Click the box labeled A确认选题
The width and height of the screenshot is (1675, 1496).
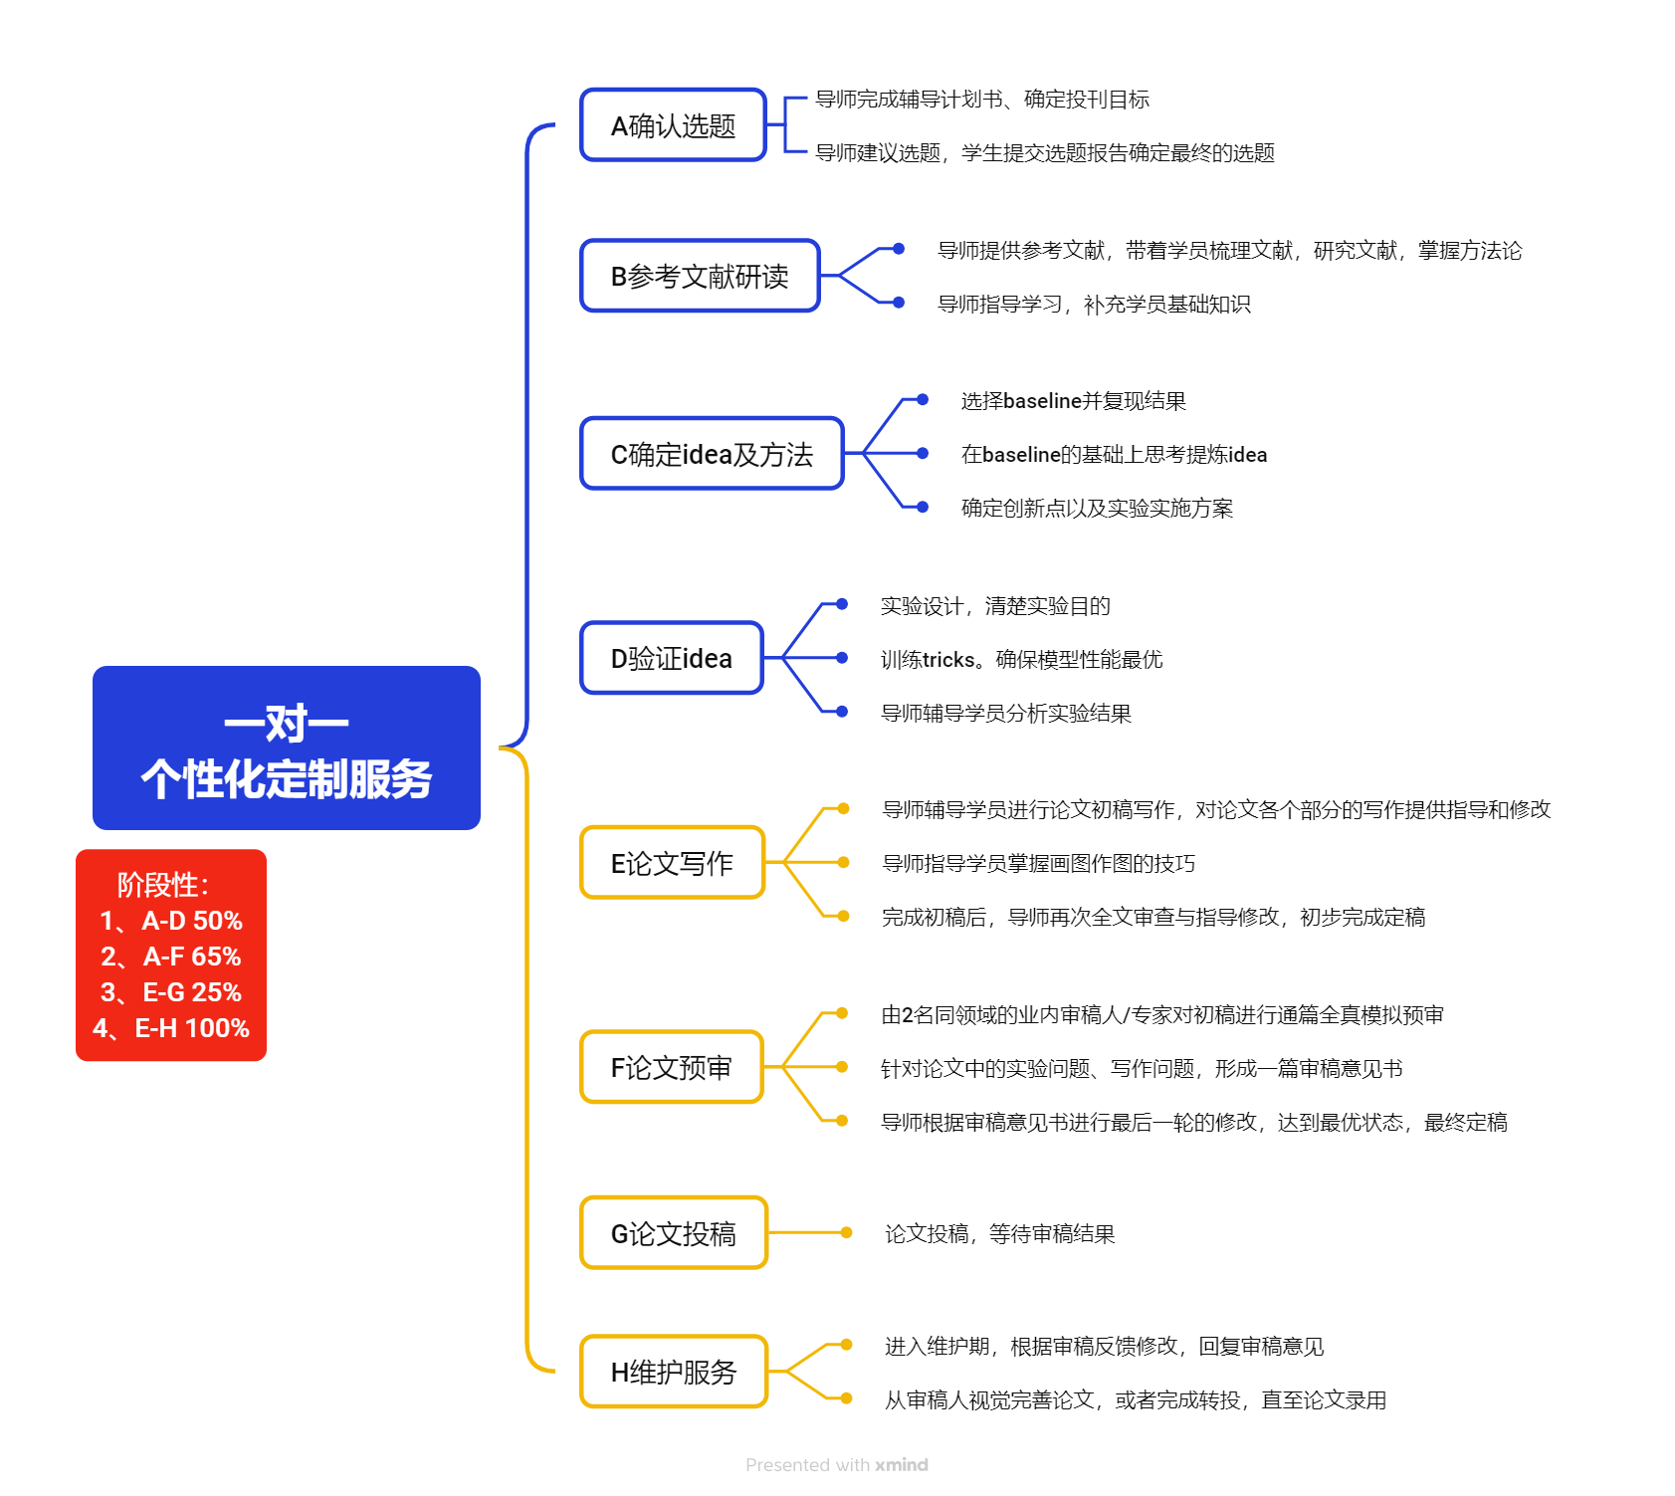click(673, 125)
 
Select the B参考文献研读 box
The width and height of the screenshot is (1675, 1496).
click(700, 276)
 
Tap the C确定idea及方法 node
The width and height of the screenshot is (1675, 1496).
click(712, 454)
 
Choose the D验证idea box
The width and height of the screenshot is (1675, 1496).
click(672, 658)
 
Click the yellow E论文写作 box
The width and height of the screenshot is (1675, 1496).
click(672, 863)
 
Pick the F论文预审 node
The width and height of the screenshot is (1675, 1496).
click(672, 1067)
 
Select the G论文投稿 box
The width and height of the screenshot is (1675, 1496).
click(674, 1233)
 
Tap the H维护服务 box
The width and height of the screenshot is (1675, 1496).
click(674, 1372)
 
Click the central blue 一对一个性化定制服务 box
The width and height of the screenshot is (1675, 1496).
click(287, 748)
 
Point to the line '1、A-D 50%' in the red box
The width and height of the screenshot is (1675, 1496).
click(171, 921)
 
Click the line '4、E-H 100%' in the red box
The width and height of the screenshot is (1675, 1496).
click(171, 1028)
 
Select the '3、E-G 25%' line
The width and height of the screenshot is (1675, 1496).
click(171, 992)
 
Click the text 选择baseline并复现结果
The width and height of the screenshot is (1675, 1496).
click(1073, 401)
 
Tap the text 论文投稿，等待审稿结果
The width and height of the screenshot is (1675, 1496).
click(999, 1234)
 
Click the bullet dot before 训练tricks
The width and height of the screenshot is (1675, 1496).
click(842, 658)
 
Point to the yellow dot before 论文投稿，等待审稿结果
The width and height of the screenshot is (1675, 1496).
click(846, 1233)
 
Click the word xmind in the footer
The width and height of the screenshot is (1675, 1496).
click(902, 1465)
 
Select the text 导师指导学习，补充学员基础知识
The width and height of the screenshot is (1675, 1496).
click(1094, 305)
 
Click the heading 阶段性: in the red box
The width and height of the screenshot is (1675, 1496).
click(163, 884)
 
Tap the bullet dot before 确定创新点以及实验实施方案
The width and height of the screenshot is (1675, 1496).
click(923, 508)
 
